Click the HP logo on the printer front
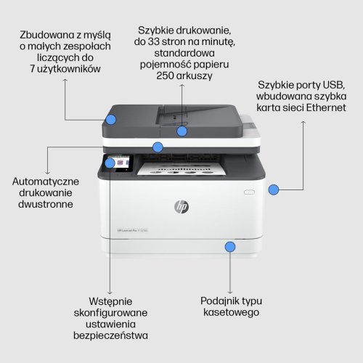tap(181, 207)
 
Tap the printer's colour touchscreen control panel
tap(121, 165)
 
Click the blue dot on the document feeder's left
tap(112, 119)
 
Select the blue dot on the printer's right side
tap(274, 190)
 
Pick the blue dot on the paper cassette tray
tap(229, 247)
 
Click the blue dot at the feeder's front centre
tap(181, 131)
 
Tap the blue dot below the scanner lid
tap(158, 147)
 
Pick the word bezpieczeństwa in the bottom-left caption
tap(110, 335)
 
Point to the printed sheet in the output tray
tap(178, 173)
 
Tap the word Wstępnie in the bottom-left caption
tap(111, 300)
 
